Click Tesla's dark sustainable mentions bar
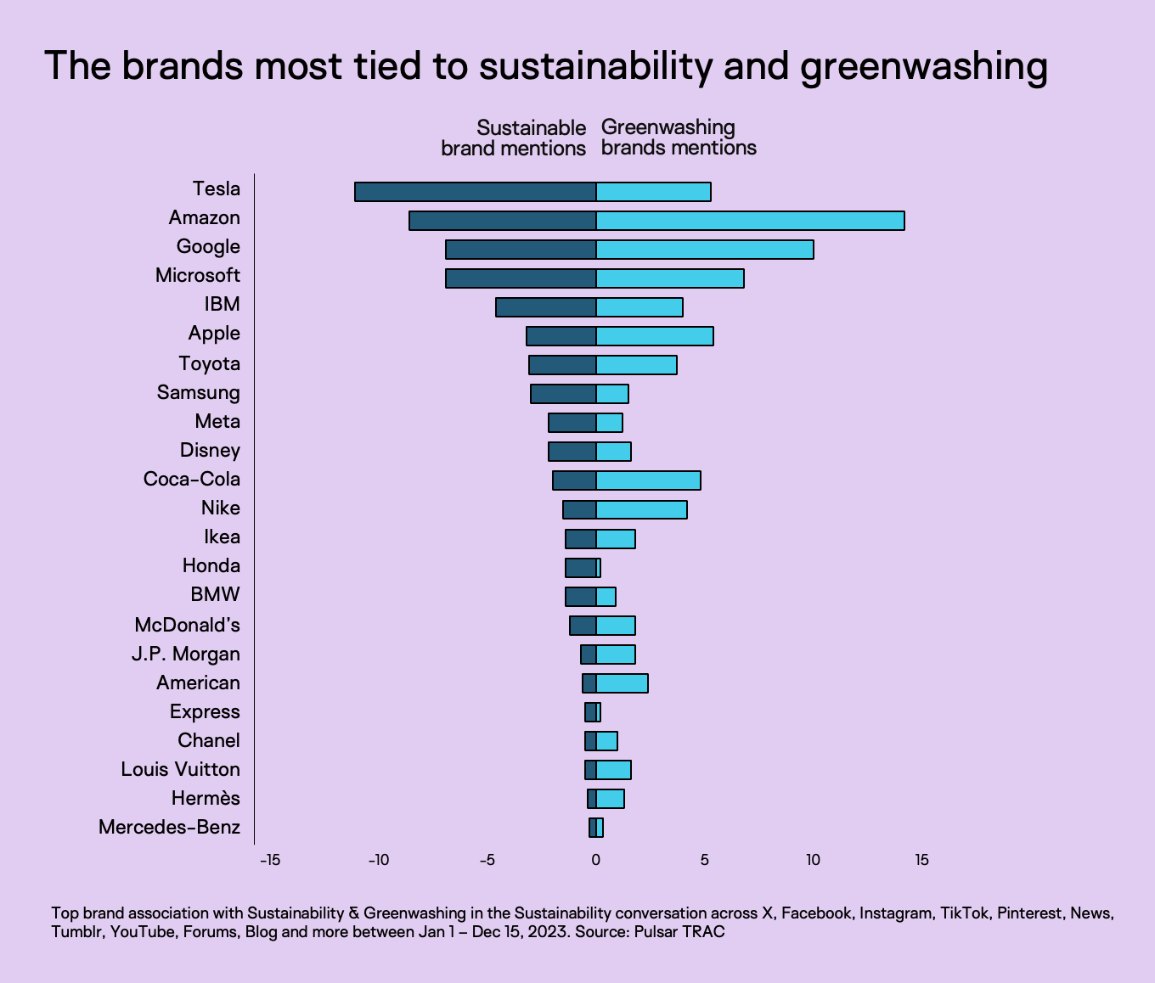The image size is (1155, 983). (x=476, y=192)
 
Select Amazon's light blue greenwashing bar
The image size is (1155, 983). (x=750, y=221)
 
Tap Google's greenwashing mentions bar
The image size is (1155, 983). (x=705, y=250)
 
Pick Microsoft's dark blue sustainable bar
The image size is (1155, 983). (x=521, y=278)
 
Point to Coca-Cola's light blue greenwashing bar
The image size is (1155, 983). (x=648, y=480)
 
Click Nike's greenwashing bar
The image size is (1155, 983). (x=641, y=509)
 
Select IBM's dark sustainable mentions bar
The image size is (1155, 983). (x=546, y=307)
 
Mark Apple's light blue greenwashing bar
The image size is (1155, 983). (x=655, y=336)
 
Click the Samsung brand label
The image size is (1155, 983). (x=199, y=393)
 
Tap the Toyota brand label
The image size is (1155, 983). (x=210, y=364)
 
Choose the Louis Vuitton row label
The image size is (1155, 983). (x=181, y=770)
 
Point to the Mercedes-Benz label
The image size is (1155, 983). (x=170, y=828)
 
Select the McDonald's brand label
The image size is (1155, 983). (x=188, y=626)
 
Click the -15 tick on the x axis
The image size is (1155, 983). (x=269, y=861)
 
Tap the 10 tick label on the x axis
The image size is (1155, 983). (x=813, y=861)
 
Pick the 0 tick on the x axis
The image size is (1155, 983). (x=596, y=861)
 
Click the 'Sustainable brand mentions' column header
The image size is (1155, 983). (x=514, y=138)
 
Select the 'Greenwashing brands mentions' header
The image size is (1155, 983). (x=679, y=138)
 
